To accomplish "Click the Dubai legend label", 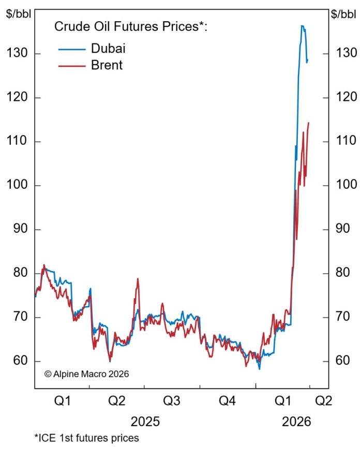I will pos(108,49).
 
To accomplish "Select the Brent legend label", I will pos(107,65).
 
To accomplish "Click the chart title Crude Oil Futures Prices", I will pos(131,27).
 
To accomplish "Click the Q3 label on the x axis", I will pos(172,401).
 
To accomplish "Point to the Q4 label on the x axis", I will pos(227,401).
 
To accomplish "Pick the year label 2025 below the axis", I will pos(145,421).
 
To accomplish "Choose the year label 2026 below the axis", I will pos(296,421).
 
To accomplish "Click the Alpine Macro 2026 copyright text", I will pos(86,373).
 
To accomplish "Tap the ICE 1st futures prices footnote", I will pos(87,439).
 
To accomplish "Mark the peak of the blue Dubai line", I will pos(302,26).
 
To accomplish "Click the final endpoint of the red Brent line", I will pos(309,123).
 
